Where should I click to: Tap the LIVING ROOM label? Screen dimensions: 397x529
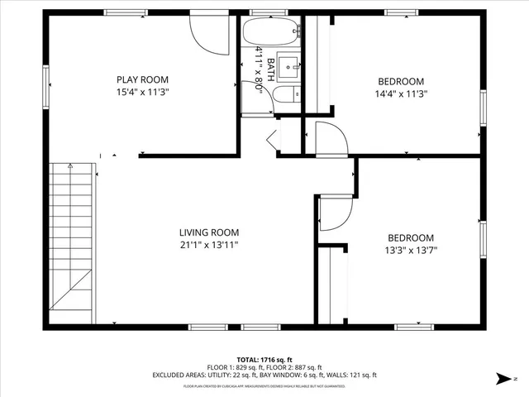(209, 232)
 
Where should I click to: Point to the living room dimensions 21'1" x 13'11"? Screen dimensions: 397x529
(209, 246)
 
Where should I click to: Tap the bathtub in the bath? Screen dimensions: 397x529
(265, 33)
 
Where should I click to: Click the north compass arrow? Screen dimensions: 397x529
(503, 379)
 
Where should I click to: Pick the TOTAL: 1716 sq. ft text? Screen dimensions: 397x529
(264, 358)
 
